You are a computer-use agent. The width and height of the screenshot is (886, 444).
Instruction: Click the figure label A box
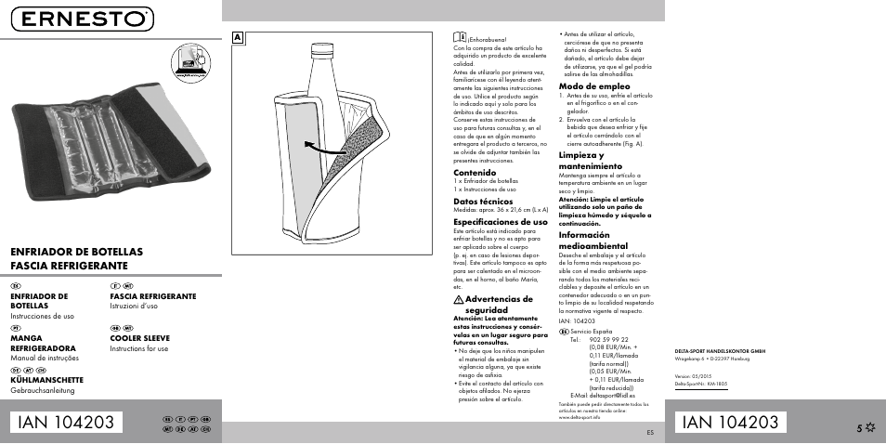click(238, 38)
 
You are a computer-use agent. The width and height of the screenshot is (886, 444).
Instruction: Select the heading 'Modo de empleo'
click(594, 85)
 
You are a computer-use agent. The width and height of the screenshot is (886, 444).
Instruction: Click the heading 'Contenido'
click(474, 172)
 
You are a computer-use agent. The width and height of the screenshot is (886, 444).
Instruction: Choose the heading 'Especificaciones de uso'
click(500, 222)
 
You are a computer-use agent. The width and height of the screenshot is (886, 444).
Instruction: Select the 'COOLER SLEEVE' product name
click(140, 339)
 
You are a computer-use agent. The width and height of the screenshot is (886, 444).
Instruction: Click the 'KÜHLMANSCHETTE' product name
click(47, 380)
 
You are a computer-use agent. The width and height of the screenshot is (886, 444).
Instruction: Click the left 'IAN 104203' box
click(70, 422)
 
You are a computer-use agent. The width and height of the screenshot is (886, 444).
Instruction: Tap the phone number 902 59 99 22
click(609, 340)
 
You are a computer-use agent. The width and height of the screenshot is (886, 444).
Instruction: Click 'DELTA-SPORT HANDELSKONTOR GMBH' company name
click(720, 350)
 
